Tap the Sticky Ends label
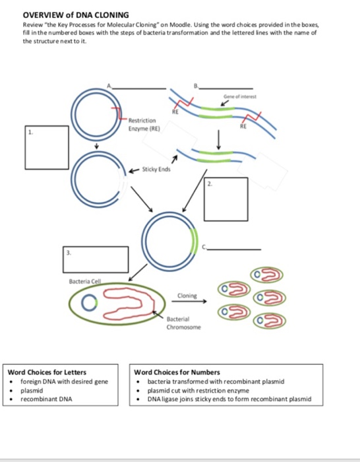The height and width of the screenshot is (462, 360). tap(157, 169)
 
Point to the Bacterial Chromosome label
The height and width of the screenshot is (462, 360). tap(179, 322)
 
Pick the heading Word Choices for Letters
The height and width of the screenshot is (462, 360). tap(47, 373)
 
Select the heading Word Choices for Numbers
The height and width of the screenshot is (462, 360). tap(177, 373)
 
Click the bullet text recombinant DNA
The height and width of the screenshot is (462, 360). tap(46, 399)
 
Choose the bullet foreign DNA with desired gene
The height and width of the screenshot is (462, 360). tap(64, 381)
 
